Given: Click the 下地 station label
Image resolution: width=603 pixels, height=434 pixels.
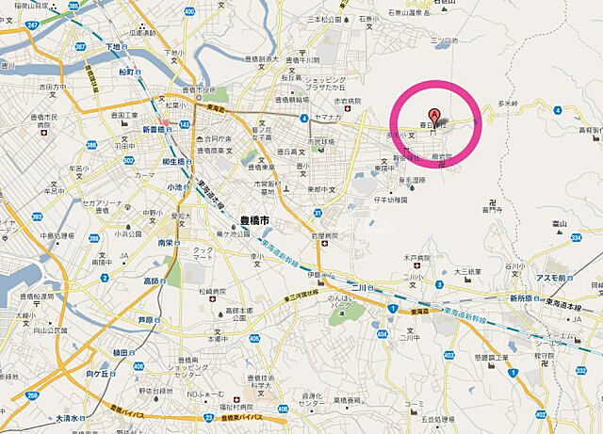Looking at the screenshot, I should (x=114, y=46).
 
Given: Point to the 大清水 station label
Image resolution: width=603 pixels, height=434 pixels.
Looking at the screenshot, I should (x=69, y=417).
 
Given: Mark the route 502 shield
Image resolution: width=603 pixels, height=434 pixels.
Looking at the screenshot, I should (x=128, y=162).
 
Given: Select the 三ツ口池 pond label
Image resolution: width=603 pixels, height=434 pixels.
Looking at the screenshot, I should (x=443, y=40).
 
